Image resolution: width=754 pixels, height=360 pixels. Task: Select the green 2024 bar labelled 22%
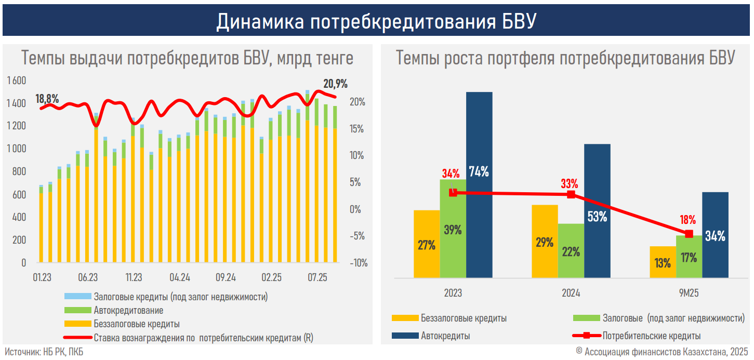(x=571, y=251)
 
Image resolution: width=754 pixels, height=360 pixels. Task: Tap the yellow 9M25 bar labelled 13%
(x=663, y=262)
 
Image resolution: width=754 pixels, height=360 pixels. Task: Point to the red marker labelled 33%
(x=571, y=194)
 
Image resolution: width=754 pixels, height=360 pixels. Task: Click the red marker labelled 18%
(x=689, y=234)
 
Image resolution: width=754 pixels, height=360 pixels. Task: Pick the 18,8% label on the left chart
(x=47, y=99)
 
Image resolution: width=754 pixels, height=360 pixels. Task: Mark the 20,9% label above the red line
(x=335, y=84)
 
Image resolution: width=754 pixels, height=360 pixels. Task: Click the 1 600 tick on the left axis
(x=17, y=81)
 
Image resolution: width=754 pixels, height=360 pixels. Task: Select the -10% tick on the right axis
(x=358, y=263)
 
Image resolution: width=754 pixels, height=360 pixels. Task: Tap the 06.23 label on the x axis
(x=88, y=277)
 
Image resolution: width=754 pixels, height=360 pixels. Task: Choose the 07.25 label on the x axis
(x=316, y=277)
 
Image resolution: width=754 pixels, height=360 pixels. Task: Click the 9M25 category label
(x=689, y=294)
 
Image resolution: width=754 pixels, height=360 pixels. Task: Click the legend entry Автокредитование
(x=128, y=311)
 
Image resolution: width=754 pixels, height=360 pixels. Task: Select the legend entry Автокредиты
(x=445, y=336)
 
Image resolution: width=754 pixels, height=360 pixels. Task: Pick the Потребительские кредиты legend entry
(x=652, y=336)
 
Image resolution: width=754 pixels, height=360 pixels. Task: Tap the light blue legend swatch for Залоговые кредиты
(x=77, y=297)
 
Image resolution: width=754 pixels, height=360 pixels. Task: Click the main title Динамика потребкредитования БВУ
(x=376, y=22)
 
